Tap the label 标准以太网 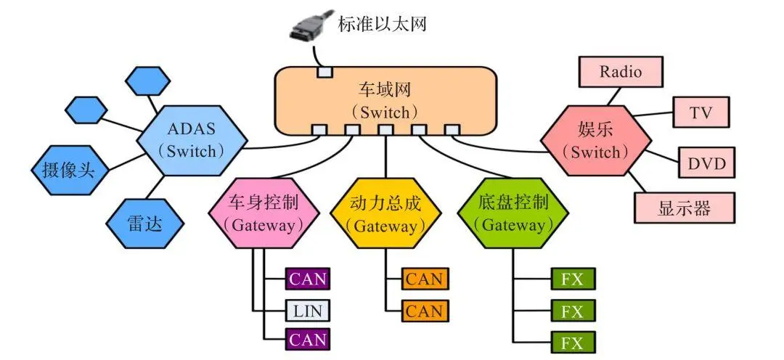pos(383,24)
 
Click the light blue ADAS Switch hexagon pos(192,141)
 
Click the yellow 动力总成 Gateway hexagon pos(385,212)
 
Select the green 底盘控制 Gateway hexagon pos(513,212)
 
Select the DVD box pos(706,163)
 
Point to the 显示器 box pos(684,208)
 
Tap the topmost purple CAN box pos(307,278)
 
